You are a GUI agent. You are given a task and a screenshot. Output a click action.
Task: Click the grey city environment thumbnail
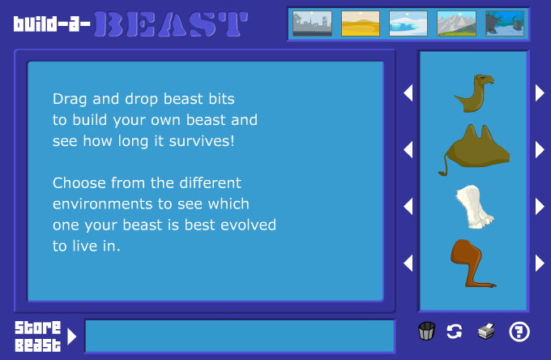312,24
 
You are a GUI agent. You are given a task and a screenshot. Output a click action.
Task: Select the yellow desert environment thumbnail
361,24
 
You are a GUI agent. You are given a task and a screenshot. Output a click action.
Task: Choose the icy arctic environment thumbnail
408,24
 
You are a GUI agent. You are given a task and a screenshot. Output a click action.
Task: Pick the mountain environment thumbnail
456,24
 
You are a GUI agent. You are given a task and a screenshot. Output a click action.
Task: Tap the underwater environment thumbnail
504,24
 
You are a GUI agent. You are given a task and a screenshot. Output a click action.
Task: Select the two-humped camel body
474,149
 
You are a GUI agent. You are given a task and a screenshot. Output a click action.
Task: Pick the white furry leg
474,207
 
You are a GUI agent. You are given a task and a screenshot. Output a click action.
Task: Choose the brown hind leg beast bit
471,263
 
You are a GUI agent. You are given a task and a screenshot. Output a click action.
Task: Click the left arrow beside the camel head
408,92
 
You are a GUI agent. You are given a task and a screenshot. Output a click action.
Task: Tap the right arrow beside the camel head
540,92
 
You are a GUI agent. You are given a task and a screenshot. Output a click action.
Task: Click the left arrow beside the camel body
408,149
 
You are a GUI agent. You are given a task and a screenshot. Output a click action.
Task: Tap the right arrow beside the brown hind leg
540,263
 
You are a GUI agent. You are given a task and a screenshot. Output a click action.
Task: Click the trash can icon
426,331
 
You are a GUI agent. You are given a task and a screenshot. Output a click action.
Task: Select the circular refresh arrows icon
454,331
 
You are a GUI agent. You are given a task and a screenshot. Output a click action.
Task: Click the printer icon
486,331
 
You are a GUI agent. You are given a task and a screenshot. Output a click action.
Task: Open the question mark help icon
519,331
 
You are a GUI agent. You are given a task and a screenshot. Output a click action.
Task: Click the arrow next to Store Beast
71,336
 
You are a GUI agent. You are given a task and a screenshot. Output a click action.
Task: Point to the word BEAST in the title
171,24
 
